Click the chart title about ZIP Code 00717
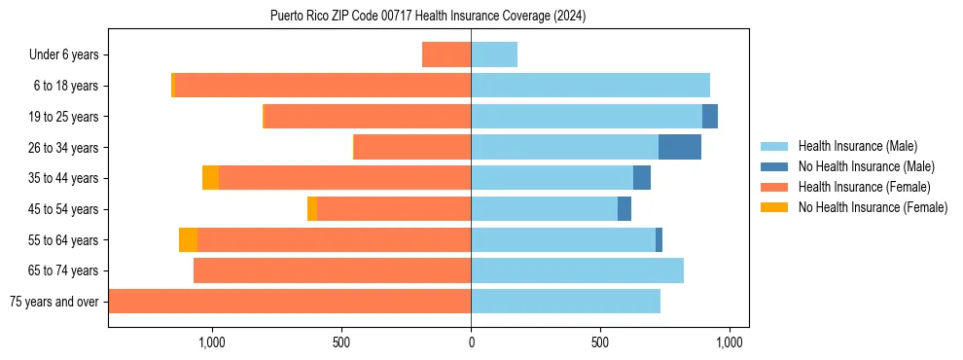[x=428, y=17]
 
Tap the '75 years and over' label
[x=54, y=302]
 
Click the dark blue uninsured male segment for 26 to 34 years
[x=680, y=147]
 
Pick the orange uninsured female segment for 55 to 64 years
[x=188, y=239]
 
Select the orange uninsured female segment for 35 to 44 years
[x=210, y=178]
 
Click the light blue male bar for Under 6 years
[x=494, y=54]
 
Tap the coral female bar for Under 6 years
[x=446, y=54]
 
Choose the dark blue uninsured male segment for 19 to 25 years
[x=710, y=117]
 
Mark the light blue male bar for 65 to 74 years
[x=577, y=270]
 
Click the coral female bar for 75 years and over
[x=290, y=302]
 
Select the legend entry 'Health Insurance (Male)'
[x=857, y=146]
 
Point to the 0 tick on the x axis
[x=471, y=342]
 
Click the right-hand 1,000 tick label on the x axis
[x=730, y=342]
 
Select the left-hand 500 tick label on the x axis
[x=341, y=342]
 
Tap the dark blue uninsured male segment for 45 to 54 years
[x=624, y=209]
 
